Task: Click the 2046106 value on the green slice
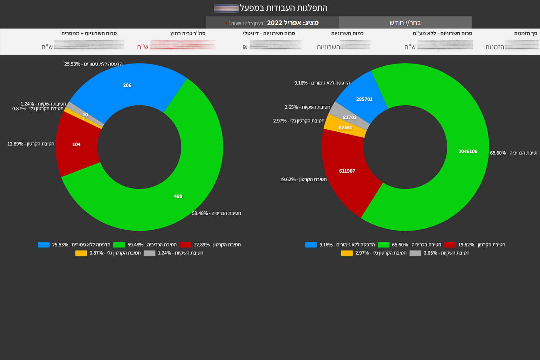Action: point(468,151)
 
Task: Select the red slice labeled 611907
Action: point(347,171)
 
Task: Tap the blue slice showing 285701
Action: point(364,99)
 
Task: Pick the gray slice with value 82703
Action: point(349,117)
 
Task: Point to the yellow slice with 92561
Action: point(345,128)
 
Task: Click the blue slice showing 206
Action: point(127,85)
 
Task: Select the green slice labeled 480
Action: point(178,196)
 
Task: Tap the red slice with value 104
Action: point(76,144)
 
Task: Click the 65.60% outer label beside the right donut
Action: point(514,153)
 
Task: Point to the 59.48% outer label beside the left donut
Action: point(216,213)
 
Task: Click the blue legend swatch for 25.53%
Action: point(44,245)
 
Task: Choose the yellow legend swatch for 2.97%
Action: point(347,253)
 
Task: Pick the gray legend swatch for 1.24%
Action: point(149,253)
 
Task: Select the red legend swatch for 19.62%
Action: point(450,245)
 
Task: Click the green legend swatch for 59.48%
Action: point(119,245)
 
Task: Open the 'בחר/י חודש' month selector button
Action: point(405,23)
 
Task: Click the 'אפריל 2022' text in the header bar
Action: point(293,23)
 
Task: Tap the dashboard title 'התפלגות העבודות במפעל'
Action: point(284,8)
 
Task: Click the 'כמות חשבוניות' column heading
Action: point(347,34)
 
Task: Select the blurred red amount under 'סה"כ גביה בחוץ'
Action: point(183,45)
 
